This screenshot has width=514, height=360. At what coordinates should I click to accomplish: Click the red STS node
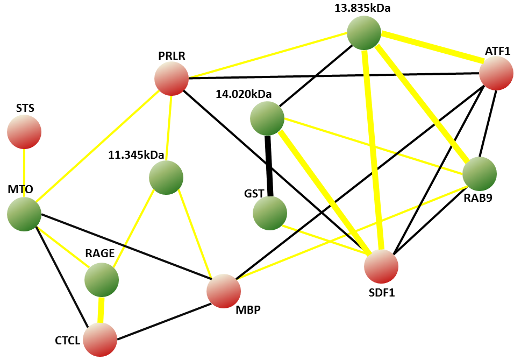tap(24, 131)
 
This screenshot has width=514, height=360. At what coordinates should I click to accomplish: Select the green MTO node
tap(24, 214)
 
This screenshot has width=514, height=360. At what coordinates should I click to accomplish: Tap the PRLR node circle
tap(172, 79)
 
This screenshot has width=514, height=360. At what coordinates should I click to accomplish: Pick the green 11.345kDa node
tap(166, 177)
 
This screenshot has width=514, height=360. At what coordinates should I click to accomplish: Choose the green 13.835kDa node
tap(364, 33)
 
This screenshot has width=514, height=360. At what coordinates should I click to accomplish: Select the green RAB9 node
tap(479, 174)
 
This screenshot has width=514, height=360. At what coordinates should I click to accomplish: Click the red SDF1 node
tap(381, 266)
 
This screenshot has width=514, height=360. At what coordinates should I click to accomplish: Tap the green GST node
tap(270, 213)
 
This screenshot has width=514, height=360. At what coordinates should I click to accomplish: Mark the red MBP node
tap(224, 291)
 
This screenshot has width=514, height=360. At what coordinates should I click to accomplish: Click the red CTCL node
tap(100, 340)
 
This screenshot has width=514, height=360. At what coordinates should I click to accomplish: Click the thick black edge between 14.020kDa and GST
tap(268, 165)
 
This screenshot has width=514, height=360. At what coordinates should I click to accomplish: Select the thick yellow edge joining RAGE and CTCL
tap(101, 310)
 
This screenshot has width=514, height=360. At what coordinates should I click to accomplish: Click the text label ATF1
tap(497, 51)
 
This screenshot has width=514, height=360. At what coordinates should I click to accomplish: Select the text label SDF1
tap(382, 293)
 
